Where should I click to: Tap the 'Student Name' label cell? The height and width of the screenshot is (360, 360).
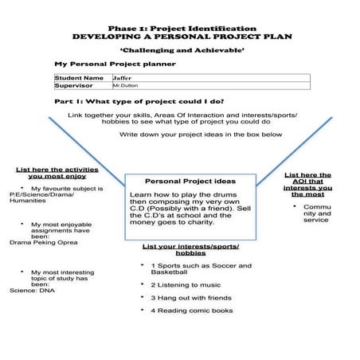click(79, 78)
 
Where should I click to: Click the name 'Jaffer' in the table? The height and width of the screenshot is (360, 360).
click(124, 78)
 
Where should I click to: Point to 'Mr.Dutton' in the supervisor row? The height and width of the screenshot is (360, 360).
click(125, 85)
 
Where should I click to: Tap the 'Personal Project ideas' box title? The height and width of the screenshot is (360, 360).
click(190, 180)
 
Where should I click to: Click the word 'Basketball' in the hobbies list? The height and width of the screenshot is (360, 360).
click(170, 272)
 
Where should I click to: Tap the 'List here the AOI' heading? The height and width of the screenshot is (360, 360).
click(308, 183)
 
